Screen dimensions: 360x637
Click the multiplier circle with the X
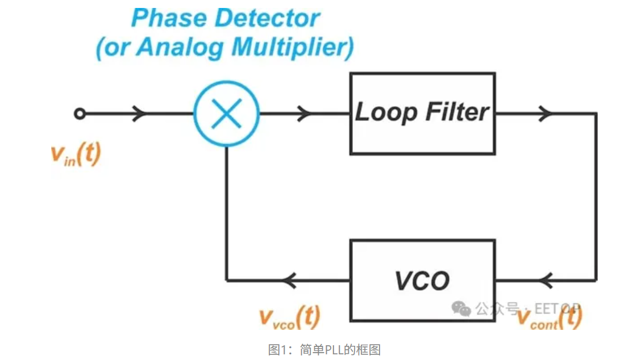point(227,114)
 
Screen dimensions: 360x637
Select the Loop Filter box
point(422,113)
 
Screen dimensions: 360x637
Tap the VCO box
point(422,280)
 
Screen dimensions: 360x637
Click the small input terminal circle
point(80,114)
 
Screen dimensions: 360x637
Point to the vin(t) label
point(75,154)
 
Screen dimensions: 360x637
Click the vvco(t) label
point(289,317)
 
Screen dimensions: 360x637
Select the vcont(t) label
point(548,319)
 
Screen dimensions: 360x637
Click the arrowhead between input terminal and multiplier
point(139,114)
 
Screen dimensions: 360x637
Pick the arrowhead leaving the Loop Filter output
point(547,114)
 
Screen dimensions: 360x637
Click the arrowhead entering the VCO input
point(547,280)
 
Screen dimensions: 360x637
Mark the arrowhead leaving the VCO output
point(290,280)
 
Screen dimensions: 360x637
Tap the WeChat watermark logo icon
point(461,308)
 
